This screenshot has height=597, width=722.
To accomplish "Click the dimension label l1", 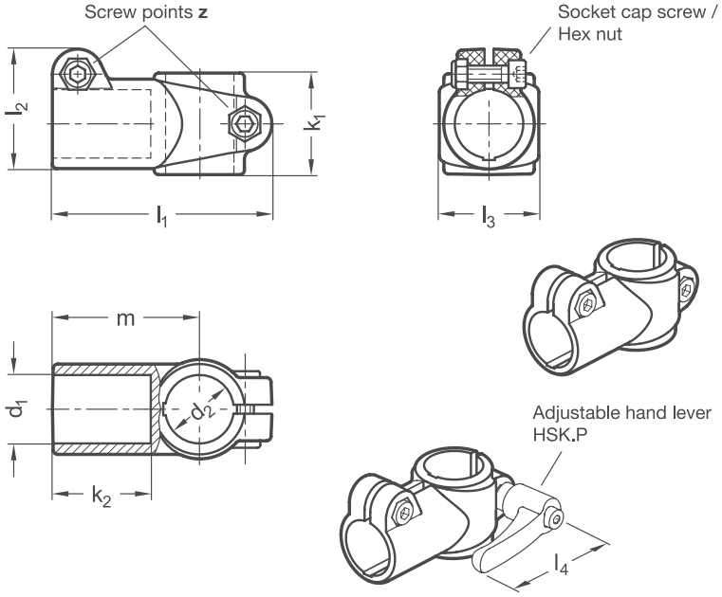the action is tap(161, 216).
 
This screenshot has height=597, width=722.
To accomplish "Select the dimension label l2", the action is tap(16, 108).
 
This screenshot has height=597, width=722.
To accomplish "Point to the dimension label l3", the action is tap(489, 216).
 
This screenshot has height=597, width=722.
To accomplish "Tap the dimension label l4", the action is tap(561, 564).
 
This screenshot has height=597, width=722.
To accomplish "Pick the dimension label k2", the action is tap(102, 497).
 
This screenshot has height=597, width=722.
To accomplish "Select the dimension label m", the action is tap(125, 318).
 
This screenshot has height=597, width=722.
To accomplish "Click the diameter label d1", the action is tap(17, 408).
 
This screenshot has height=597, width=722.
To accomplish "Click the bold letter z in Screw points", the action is tap(203, 13).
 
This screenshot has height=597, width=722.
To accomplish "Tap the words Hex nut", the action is tap(590, 34).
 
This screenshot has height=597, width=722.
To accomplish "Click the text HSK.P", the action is tap(560, 434).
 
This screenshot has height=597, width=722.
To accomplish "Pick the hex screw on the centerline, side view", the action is tap(245, 123).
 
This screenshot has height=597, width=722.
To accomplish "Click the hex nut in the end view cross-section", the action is tap(517, 74).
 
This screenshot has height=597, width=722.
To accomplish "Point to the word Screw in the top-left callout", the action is tap(111, 12).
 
